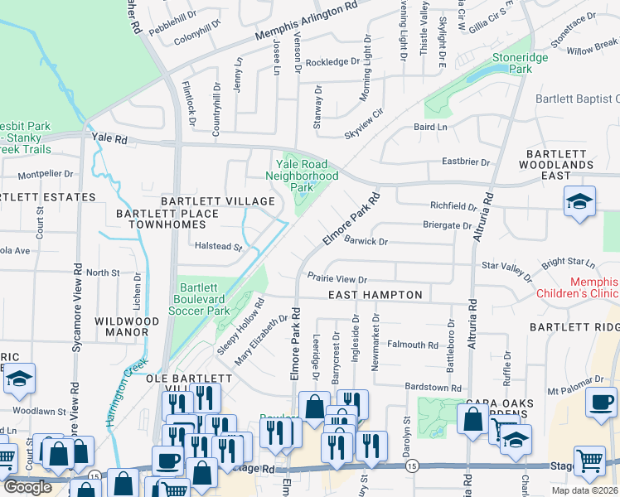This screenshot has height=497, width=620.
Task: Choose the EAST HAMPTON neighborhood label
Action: tap(375, 295)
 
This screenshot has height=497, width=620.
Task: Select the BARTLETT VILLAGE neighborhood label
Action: tap(218, 201)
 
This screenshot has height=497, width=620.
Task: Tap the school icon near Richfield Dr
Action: tap(579, 202)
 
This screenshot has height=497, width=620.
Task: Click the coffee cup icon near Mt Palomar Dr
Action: tap(601, 403)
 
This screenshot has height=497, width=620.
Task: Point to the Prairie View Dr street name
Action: tap(337, 280)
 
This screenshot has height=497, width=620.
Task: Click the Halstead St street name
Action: tap(216, 247)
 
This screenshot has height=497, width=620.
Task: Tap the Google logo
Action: tap(27, 486)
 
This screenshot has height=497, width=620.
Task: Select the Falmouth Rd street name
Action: tap(412, 345)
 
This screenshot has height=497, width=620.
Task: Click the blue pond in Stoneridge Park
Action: tap(479, 75)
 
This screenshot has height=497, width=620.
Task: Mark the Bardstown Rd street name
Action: tap(433, 388)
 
